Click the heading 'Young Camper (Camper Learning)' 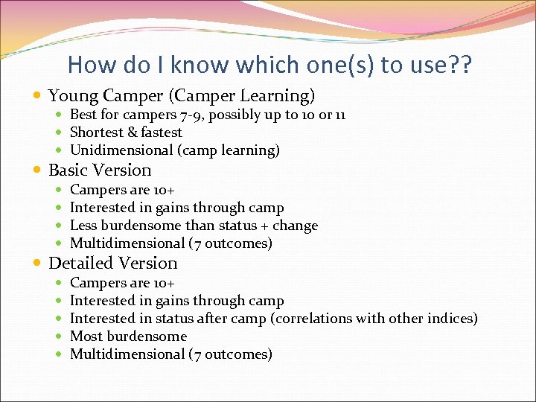click(182, 96)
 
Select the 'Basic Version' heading click(100, 170)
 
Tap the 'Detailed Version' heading click(112, 263)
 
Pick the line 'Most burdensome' click(128, 336)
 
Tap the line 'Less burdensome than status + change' click(194, 226)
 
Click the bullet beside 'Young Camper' click(38, 96)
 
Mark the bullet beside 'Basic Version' click(38, 170)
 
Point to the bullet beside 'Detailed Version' click(38, 264)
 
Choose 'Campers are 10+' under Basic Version click(122, 190)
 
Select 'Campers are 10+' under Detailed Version click(122, 283)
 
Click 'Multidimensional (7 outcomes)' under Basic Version click(170, 243)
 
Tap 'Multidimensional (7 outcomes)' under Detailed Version click(170, 354)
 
